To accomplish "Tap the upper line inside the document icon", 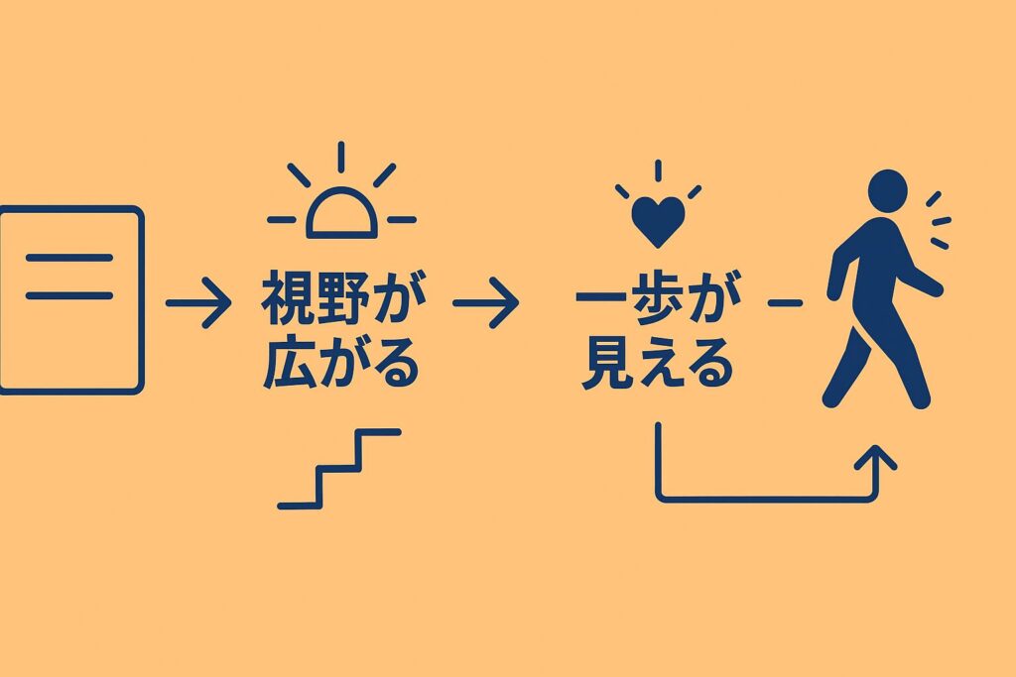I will (x=67, y=258).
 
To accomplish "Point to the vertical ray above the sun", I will (x=340, y=158).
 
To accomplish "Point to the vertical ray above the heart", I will (x=657, y=169).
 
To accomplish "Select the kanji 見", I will (x=604, y=364).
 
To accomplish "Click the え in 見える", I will (x=657, y=365).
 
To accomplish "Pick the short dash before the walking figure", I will (x=785, y=302).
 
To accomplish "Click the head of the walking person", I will (x=887, y=189).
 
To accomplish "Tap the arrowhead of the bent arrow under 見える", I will (x=874, y=457).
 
